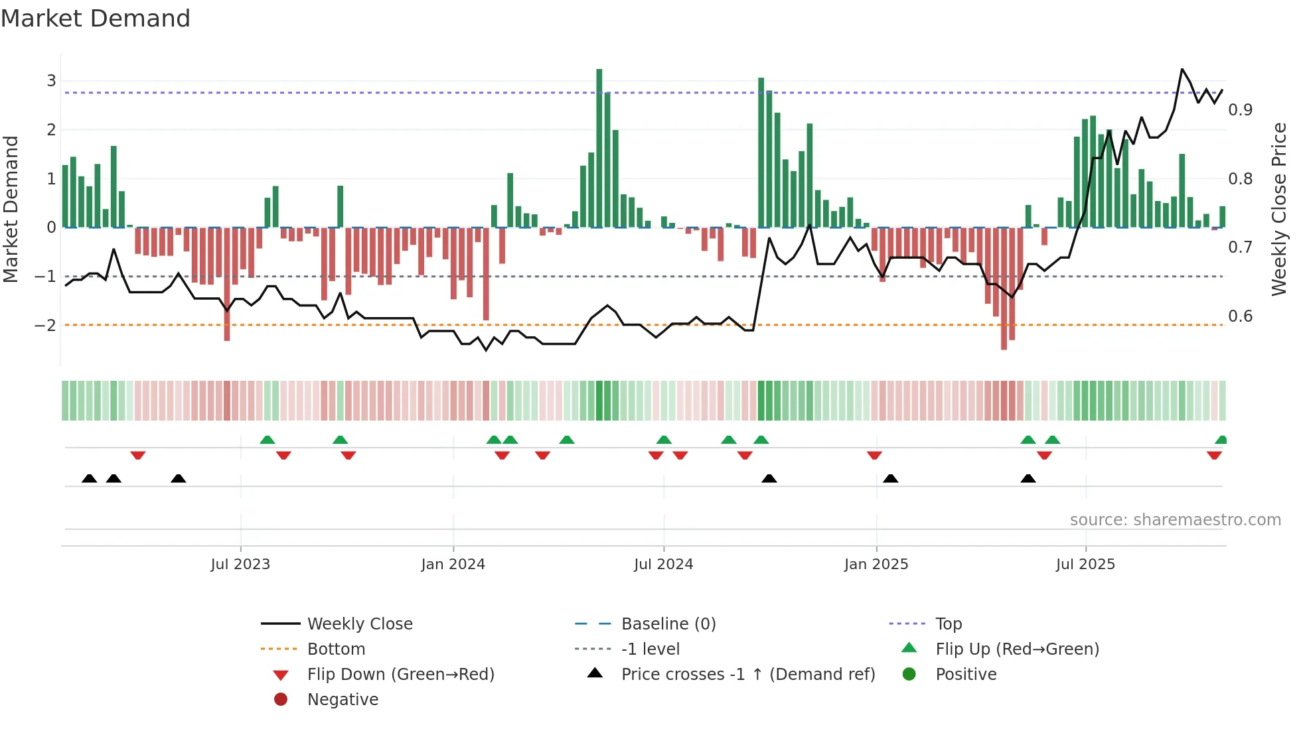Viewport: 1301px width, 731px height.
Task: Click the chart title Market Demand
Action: coord(96,19)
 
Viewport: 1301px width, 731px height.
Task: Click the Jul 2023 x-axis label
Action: coord(240,565)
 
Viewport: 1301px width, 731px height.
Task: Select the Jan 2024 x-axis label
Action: coord(453,565)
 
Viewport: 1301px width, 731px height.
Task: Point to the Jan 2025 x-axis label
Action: coord(876,565)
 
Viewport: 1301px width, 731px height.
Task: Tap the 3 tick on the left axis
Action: coord(51,81)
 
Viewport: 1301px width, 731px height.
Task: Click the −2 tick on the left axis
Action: coord(45,325)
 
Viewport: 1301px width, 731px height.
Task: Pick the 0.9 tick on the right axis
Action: coord(1240,110)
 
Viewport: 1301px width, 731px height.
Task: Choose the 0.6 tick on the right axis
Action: coord(1240,316)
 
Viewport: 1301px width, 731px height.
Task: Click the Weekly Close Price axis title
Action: coord(1279,209)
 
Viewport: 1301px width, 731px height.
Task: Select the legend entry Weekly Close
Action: coord(360,624)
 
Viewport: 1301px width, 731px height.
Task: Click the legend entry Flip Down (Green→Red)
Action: coord(400,675)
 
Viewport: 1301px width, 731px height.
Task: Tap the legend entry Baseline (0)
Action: coord(668,624)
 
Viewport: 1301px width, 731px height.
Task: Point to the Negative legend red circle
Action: coord(281,700)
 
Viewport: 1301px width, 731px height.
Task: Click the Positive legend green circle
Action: coord(909,675)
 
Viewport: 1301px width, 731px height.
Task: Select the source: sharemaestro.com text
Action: coord(1175,520)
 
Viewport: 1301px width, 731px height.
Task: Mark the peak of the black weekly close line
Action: coord(1182,69)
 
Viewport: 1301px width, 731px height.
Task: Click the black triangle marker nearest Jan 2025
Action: coord(891,479)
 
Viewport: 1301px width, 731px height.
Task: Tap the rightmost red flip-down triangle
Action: coord(1215,456)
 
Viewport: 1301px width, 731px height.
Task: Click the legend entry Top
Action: coord(949,624)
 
